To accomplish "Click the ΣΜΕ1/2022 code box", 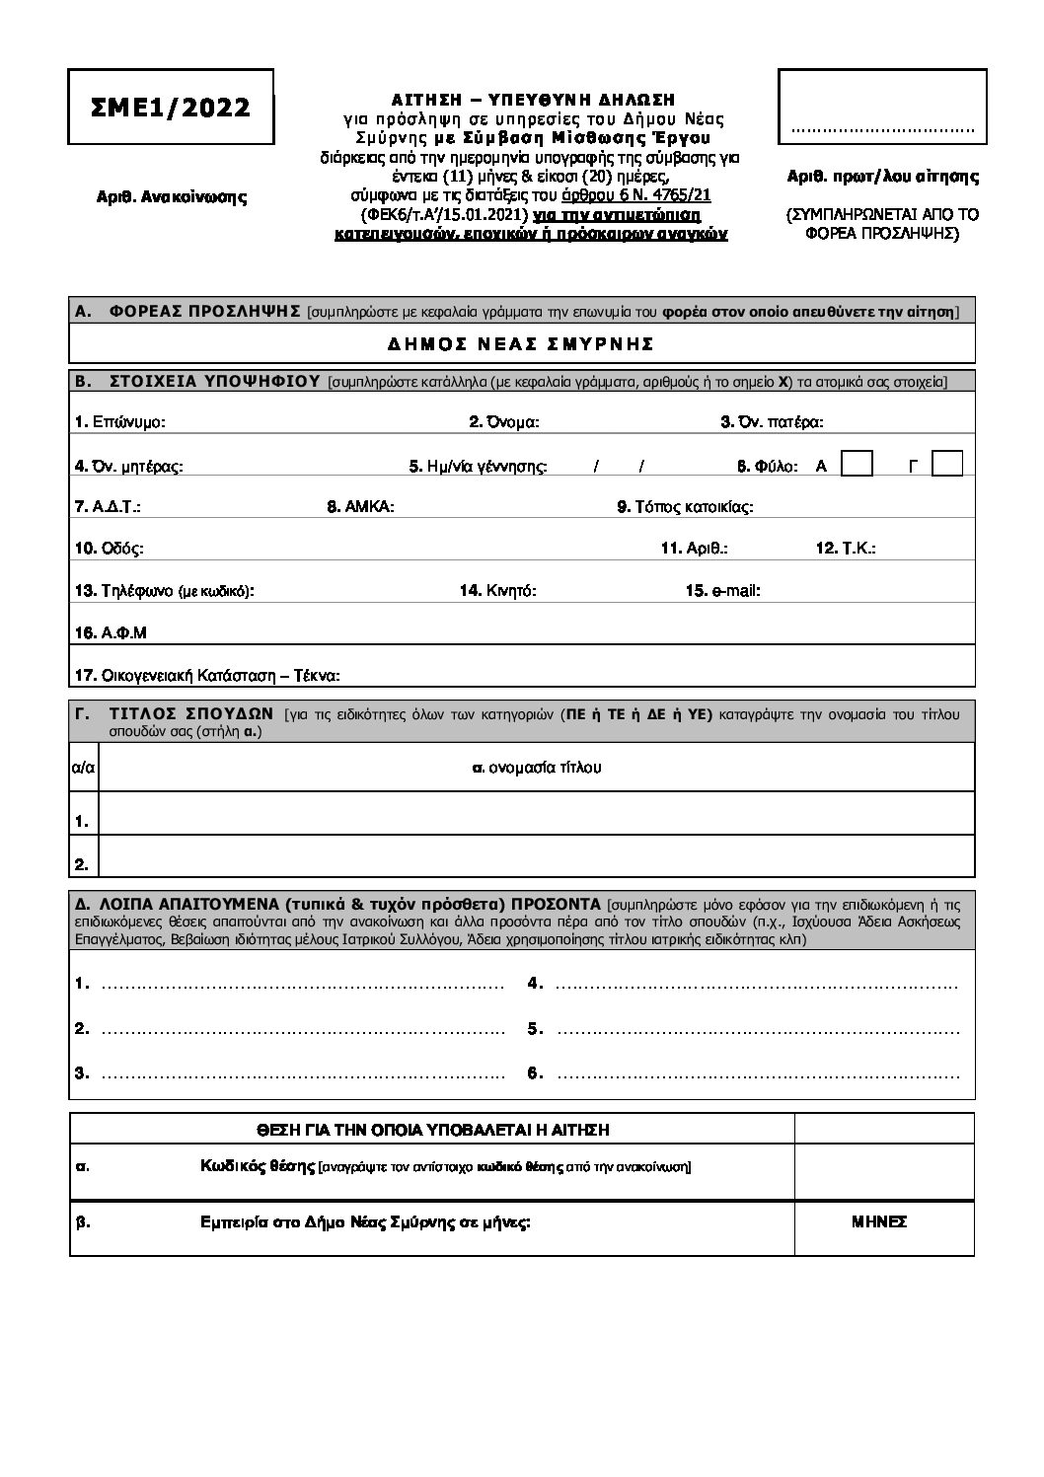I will click(x=171, y=108).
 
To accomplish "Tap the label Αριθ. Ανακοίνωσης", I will click(x=171, y=196).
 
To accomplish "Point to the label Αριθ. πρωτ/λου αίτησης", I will click(x=882, y=178).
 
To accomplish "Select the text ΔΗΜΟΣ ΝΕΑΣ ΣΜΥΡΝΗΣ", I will click(x=521, y=344).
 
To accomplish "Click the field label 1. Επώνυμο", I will click(x=120, y=422).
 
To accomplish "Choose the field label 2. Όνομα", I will click(x=503, y=422).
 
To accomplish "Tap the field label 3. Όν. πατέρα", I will click(x=772, y=422).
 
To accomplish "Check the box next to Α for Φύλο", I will click(x=858, y=464).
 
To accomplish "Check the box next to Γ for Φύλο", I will click(x=947, y=464).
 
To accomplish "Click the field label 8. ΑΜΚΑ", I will click(x=361, y=507).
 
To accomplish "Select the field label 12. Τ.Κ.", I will click(x=846, y=549).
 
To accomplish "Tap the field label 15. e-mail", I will click(x=722, y=591).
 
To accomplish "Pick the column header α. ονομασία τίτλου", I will click(x=537, y=767).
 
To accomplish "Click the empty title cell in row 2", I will click(x=537, y=856).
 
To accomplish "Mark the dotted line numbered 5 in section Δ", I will click(x=758, y=1029).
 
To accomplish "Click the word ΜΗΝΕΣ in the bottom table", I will click(x=879, y=1221).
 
